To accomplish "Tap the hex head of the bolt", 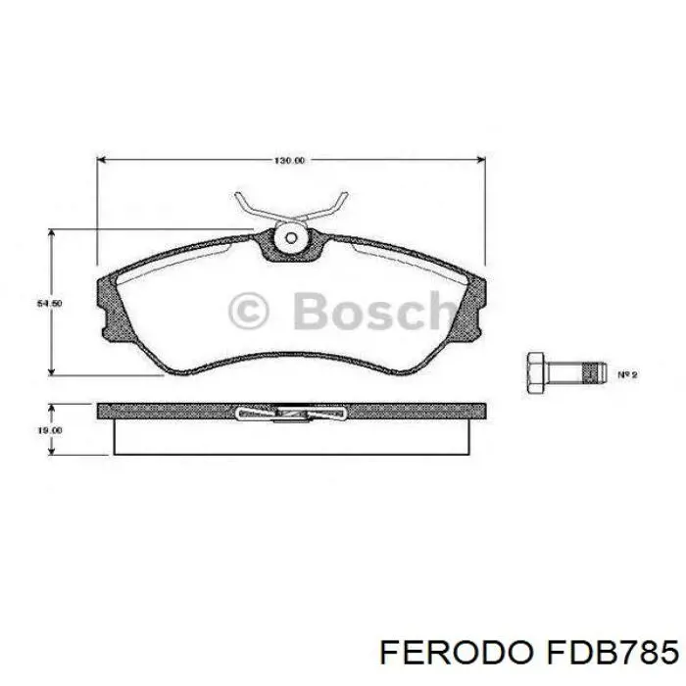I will pyautogui.click(x=535, y=371).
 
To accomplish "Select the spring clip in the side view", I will pyautogui.click(x=291, y=414).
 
